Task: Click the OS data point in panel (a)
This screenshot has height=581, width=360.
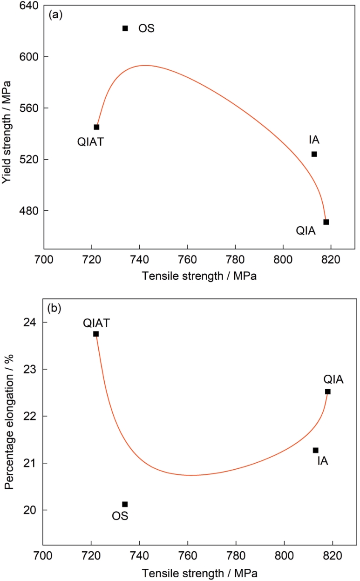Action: (x=125, y=28)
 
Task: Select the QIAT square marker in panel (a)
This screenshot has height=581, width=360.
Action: (x=96, y=127)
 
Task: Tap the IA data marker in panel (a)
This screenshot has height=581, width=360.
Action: (x=314, y=154)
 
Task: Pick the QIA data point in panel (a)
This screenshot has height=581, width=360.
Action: (x=326, y=222)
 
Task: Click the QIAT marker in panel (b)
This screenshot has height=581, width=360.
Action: (x=96, y=334)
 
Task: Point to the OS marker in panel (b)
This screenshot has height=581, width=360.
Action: (x=125, y=504)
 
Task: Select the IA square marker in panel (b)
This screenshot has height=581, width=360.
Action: (x=316, y=450)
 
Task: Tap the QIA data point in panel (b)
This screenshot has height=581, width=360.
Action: (x=328, y=392)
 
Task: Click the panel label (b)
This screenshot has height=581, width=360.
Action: (x=56, y=308)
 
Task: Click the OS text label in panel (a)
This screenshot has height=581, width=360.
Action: (x=146, y=29)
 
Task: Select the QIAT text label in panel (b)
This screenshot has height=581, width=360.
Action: (x=97, y=323)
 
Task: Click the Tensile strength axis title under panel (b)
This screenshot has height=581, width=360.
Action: (x=199, y=572)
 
